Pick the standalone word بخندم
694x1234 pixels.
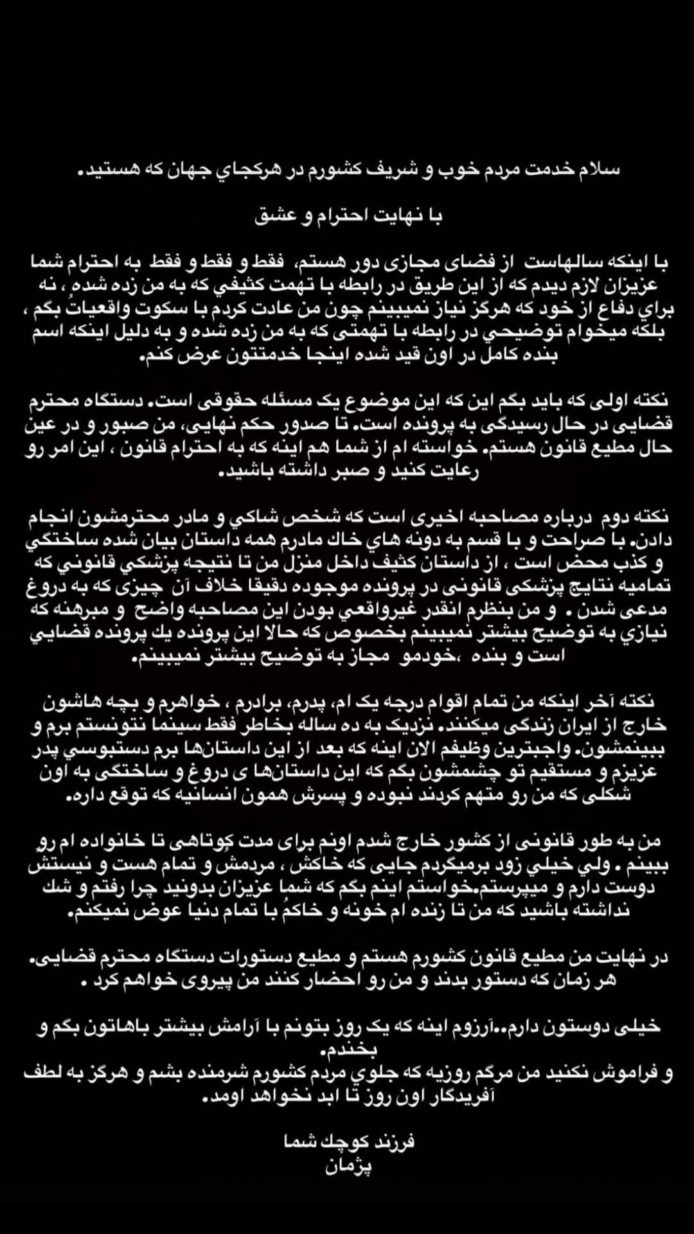[348, 1050]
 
